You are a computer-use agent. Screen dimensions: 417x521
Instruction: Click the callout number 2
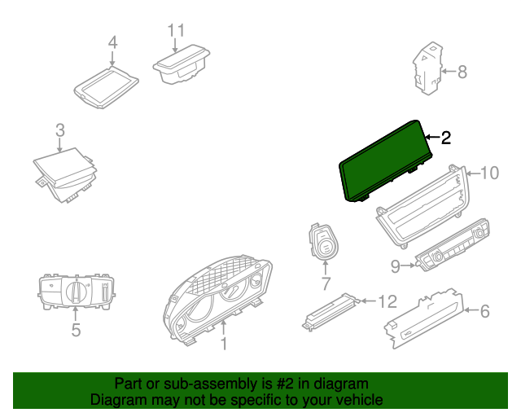tap(445, 138)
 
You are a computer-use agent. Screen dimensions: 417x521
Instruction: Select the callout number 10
tap(488, 172)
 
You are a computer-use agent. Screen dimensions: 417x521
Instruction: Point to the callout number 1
tap(224, 345)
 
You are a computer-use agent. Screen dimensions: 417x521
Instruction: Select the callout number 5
tap(76, 330)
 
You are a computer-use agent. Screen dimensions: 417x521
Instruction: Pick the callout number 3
tap(59, 129)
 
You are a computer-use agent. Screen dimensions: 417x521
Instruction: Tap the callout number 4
tap(113, 42)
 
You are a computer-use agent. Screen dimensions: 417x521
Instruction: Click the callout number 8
tap(462, 72)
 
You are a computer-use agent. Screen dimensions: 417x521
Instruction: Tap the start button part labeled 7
tap(325, 242)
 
